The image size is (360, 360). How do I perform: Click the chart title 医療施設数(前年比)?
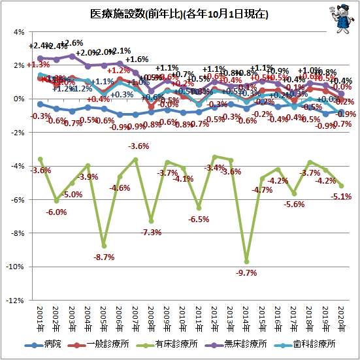[x=171, y=14]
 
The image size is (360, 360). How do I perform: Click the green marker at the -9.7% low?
[x=247, y=261]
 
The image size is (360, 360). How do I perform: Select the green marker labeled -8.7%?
[x=104, y=246]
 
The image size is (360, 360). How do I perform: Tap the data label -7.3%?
[x=152, y=233]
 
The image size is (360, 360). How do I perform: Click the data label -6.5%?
[x=199, y=220]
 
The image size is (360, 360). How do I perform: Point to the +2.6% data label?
[x=72, y=43]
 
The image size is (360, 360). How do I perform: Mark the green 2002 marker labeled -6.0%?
[x=56, y=200]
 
